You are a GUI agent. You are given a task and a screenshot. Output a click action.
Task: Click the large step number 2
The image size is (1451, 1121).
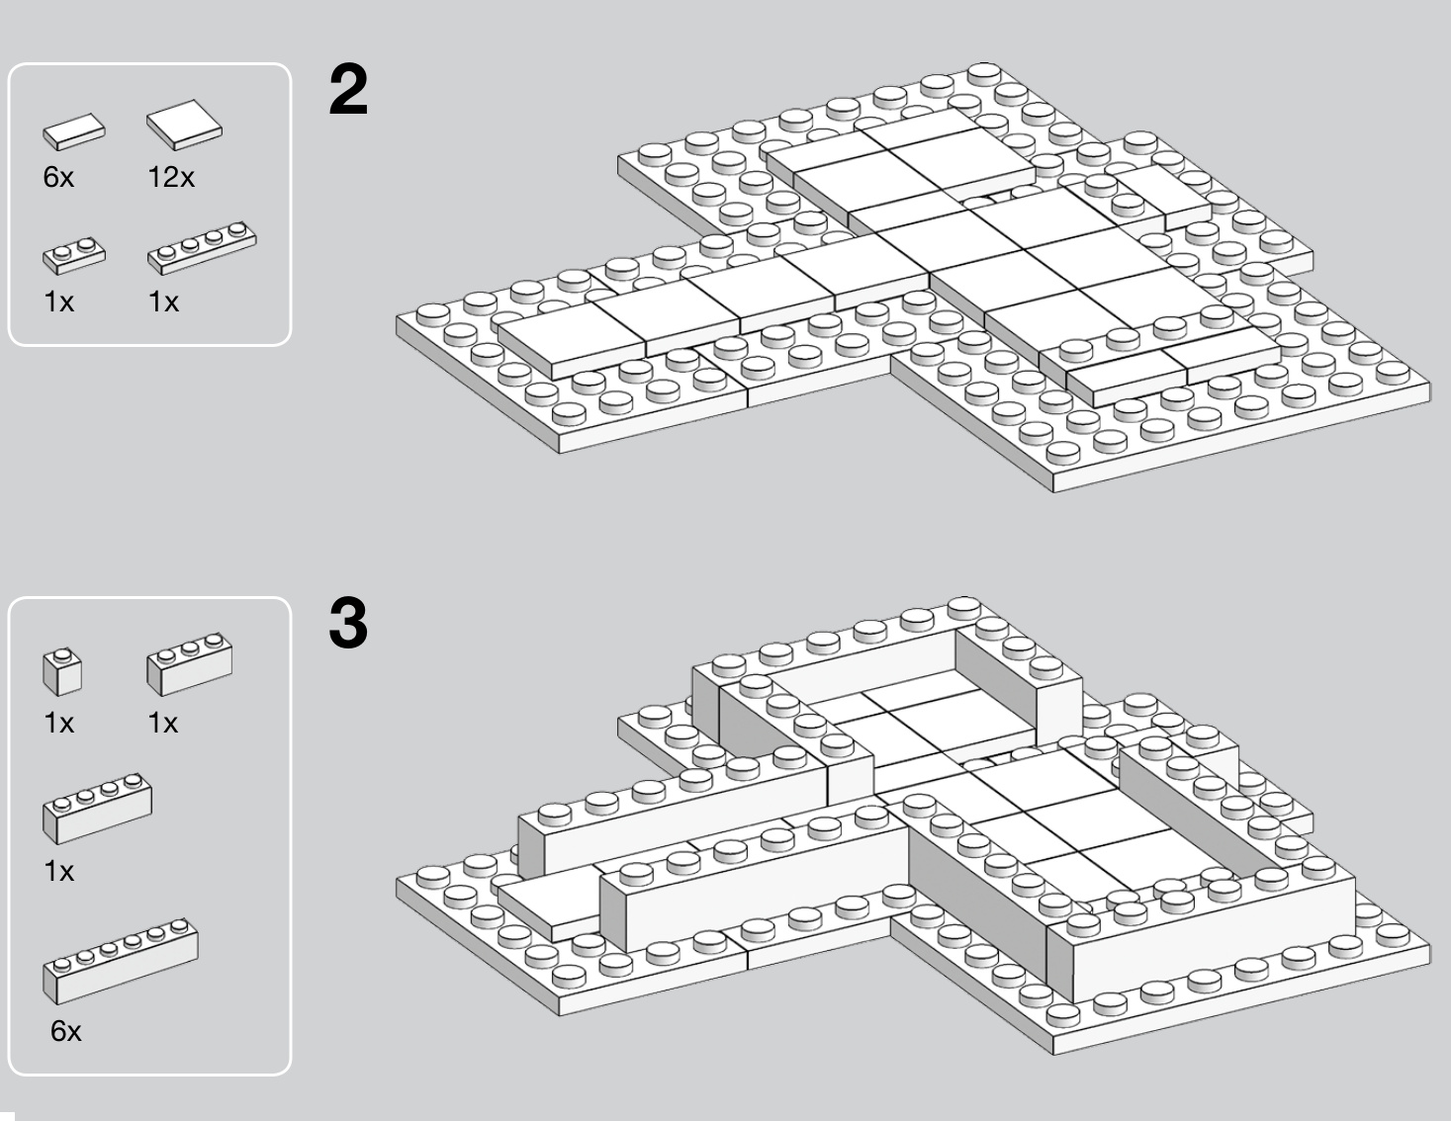click(347, 91)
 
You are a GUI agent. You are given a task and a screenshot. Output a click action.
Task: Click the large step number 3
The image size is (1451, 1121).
click(347, 625)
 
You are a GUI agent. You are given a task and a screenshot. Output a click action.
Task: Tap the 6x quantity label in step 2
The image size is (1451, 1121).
click(58, 178)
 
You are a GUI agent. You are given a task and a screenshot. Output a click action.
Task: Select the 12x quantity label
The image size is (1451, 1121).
click(171, 178)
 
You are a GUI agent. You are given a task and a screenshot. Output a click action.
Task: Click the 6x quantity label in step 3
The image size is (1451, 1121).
click(66, 1032)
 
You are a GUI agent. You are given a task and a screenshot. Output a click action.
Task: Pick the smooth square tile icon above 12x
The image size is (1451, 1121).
click(184, 124)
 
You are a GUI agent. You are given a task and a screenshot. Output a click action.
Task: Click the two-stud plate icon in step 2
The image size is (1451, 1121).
click(73, 255)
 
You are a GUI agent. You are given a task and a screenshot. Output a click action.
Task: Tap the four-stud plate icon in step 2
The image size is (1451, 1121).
click(202, 247)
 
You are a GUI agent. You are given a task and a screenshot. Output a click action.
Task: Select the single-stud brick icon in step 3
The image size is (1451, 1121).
click(62, 671)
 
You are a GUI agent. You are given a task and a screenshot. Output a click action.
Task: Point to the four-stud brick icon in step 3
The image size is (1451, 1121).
click(97, 809)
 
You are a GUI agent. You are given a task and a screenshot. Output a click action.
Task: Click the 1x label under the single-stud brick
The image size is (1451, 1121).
click(58, 724)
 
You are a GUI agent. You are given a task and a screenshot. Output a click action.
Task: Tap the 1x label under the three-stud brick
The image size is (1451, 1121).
click(163, 724)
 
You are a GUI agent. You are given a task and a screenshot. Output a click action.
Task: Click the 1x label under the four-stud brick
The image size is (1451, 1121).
click(58, 872)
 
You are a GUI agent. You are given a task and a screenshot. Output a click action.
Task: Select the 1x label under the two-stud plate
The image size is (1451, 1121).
click(58, 302)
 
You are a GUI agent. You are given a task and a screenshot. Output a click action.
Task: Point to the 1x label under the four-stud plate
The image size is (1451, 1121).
click(163, 302)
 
